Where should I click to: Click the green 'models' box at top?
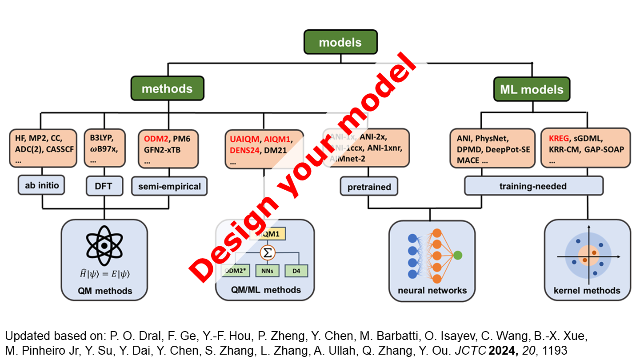340,42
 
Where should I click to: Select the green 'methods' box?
167,88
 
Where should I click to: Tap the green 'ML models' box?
532,89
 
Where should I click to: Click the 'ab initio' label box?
42,185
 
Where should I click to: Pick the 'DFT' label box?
104,187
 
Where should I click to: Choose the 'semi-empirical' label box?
169,187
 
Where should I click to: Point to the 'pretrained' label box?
369,187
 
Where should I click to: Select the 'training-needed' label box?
534,186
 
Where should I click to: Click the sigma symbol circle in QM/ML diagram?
268,252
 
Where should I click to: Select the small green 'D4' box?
296,270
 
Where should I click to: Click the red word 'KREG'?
559,138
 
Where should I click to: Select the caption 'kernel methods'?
587,291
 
